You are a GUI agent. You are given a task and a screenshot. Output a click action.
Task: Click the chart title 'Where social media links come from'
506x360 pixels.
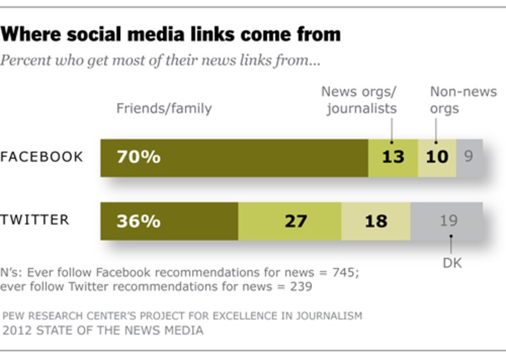pyautogui.click(x=170, y=34)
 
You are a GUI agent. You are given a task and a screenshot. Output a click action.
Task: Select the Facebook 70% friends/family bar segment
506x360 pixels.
pyautogui.click(x=234, y=158)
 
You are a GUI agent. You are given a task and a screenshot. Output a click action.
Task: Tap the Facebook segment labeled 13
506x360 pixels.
pyautogui.click(x=393, y=158)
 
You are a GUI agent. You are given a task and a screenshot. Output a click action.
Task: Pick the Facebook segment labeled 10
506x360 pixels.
pyautogui.click(x=437, y=158)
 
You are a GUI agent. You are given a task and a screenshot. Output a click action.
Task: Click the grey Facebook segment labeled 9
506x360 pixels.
pyautogui.click(x=470, y=158)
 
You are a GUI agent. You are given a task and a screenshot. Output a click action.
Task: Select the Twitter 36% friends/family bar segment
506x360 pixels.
pyautogui.click(x=169, y=222)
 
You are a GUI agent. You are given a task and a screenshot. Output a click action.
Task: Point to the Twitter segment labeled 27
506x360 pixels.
pyautogui.click(x=290, y=222)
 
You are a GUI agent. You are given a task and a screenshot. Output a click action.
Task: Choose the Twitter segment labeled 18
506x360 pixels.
pyautogui.click(x=376, y=222)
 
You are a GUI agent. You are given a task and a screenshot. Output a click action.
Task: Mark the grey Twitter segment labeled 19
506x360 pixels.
pyautogui.click(x=447, y=222)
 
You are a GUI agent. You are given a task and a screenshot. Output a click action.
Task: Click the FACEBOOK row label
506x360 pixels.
pyautogui.click(x=42, y=157)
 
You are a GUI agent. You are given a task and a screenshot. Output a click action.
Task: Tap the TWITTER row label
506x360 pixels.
pyautogui.click(x=34, y=220)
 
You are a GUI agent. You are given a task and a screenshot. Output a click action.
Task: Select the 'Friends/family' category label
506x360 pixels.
pyautogui.click(x=164, y=108)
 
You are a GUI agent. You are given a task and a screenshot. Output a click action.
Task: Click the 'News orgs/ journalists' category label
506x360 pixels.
pyautogui.click(x=359, y=100)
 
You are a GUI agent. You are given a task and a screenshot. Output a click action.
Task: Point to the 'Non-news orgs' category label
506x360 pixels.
pyautogui.click(x=463, y=100)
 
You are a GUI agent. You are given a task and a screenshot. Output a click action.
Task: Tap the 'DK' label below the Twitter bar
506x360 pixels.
pyautogui.click(x=452, y=263)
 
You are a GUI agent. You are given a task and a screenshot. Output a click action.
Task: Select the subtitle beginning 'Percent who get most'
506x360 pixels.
pyautogui.click(x=160, y=60)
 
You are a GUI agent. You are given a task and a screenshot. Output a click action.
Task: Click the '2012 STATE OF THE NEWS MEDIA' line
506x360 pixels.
pyautogui.click(x=103, y=330)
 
